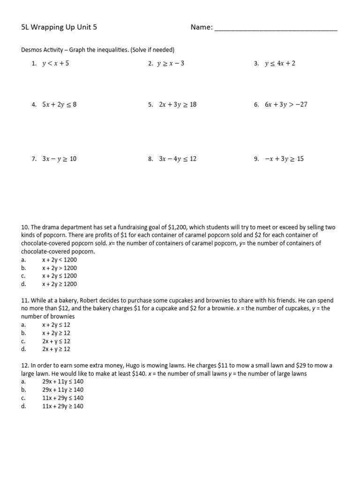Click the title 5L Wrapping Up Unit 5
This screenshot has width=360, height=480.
coord(59,28)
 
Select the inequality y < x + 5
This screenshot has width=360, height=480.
coord(55,64)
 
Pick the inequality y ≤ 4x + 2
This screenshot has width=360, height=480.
coord(280,64)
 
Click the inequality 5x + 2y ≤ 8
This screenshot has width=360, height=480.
coord(59,105)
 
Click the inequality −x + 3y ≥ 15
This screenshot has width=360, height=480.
coord(284,159)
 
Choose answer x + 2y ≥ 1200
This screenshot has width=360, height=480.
coord(60,284)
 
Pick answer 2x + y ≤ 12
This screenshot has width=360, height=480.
coord(56,341)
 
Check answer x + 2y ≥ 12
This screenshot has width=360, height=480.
coord(56,333)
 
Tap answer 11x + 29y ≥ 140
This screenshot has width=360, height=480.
coord(63,406)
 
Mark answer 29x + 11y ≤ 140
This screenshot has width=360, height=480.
coord(63,382)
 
